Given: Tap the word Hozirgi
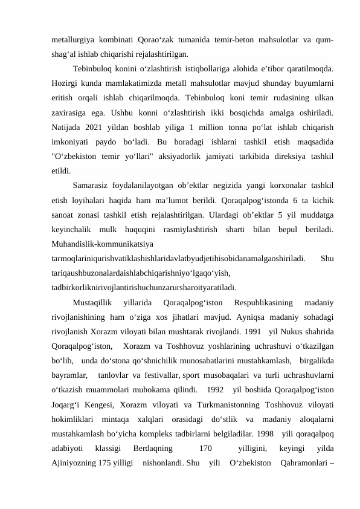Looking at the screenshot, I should click(x=66, y=80).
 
